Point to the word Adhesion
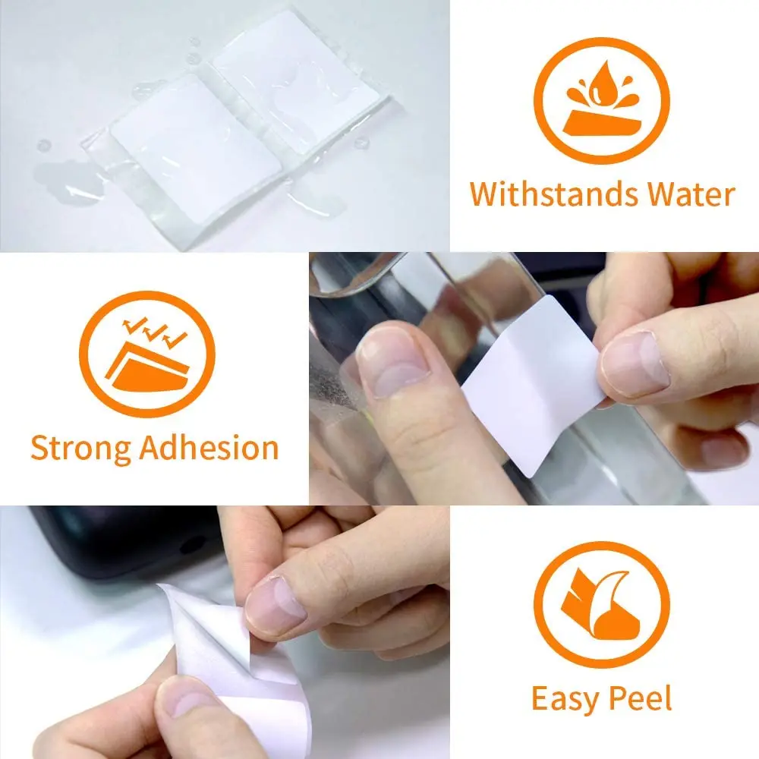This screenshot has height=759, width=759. click(x=209, y=448)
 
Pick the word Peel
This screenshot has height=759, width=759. click(x=643, y=698)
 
